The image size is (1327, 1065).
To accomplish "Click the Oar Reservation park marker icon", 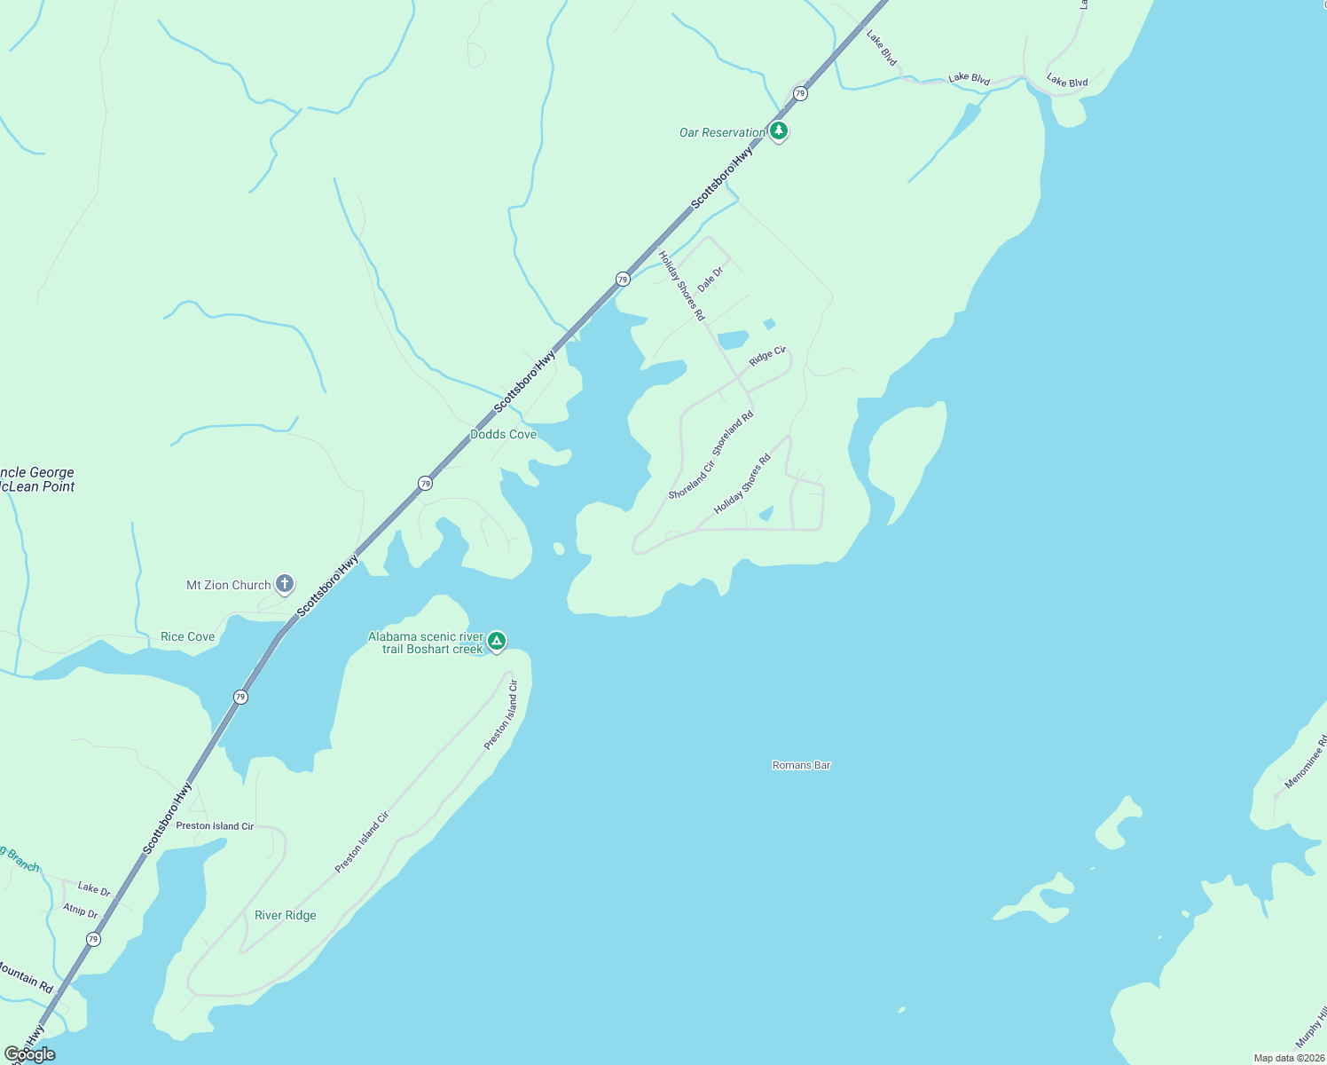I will click(779, 131).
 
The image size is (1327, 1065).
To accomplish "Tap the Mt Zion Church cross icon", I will click(285, 584).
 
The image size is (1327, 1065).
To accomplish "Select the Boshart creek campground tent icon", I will click(498, 641).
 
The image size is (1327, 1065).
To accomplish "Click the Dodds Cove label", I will click(503, 434).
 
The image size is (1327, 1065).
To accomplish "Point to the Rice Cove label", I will click(188, 636).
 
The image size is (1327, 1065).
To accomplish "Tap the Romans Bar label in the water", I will click(801, 765).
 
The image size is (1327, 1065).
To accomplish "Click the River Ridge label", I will click(285, 915).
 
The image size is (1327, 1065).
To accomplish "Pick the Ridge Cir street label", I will click(767, 356).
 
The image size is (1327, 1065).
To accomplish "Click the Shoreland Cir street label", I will click(691, 480).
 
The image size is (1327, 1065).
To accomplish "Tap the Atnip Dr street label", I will click(80, 911).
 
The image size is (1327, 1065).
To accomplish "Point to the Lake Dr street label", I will click(94, 888).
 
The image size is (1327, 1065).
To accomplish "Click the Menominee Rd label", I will click(1306, 762).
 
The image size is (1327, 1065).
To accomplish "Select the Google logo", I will click(30, 1054).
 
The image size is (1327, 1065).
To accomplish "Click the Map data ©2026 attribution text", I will click(1288, 1058).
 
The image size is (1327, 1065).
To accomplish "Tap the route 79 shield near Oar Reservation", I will click(800, 93).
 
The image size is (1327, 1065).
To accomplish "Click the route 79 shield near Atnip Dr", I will click(93, 939).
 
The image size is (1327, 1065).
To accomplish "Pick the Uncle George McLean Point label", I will click(37, 479).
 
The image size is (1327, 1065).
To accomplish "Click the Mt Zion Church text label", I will click(228, 585).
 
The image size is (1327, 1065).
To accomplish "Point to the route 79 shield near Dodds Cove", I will click(426, 483).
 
